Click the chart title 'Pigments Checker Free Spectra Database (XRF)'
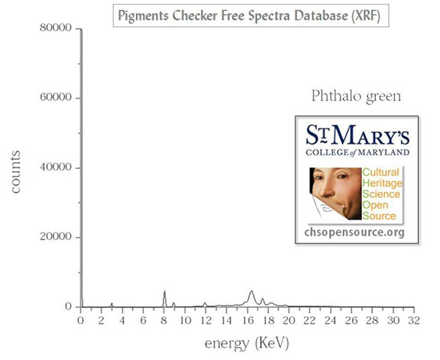tap(249, 16)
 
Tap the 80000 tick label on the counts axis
tap(56, 28)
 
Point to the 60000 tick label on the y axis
tap(56, 97)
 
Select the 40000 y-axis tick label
tap(56, 167)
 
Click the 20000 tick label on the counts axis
tap(56, 236)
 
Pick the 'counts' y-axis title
tap(15, 172)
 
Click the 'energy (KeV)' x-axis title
tap(247, 343)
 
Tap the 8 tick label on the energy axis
tap(164, 320)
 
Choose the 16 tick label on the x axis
tap(247, 320)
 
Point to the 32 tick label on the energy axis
tap(414, 320)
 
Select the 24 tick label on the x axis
tap(331, 320)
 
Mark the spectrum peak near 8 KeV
tap(164, 291)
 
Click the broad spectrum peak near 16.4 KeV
tap(251, 291)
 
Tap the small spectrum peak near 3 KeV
tap(112, 303)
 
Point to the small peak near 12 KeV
tap(205, 303)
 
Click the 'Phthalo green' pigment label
tap(356, 96)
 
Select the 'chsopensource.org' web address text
tap(354, 232)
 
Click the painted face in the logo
tap(335, 193)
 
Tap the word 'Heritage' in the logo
tap(383, 183)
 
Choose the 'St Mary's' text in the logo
tap(357, 135)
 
